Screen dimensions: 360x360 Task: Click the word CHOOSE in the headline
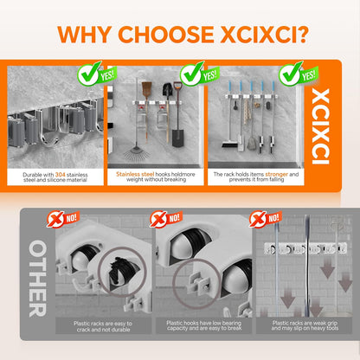coord(166,35)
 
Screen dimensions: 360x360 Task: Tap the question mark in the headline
coord(302,35)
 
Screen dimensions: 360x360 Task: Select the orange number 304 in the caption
coord(60,175)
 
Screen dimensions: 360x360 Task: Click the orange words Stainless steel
coord(135,174)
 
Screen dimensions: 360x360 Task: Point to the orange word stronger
coord(276,174)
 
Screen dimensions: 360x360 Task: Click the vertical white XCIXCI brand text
coord(320,126)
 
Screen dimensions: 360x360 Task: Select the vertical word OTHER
coord(37,279)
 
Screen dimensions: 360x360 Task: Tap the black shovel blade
coord(178,138)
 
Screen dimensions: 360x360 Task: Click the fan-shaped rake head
coord(137,153)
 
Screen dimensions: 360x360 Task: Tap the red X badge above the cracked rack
coord(55,220)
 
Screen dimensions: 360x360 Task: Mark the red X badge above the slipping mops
coord(258,219)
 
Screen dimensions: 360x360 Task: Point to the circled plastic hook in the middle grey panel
coord(198,284)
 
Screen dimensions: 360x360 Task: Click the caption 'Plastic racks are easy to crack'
coord(103,326)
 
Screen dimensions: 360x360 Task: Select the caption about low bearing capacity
coord(204,325)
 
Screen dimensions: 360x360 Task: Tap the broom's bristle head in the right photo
coord(230,144)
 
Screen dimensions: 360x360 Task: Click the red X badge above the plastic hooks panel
coord(158,220)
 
